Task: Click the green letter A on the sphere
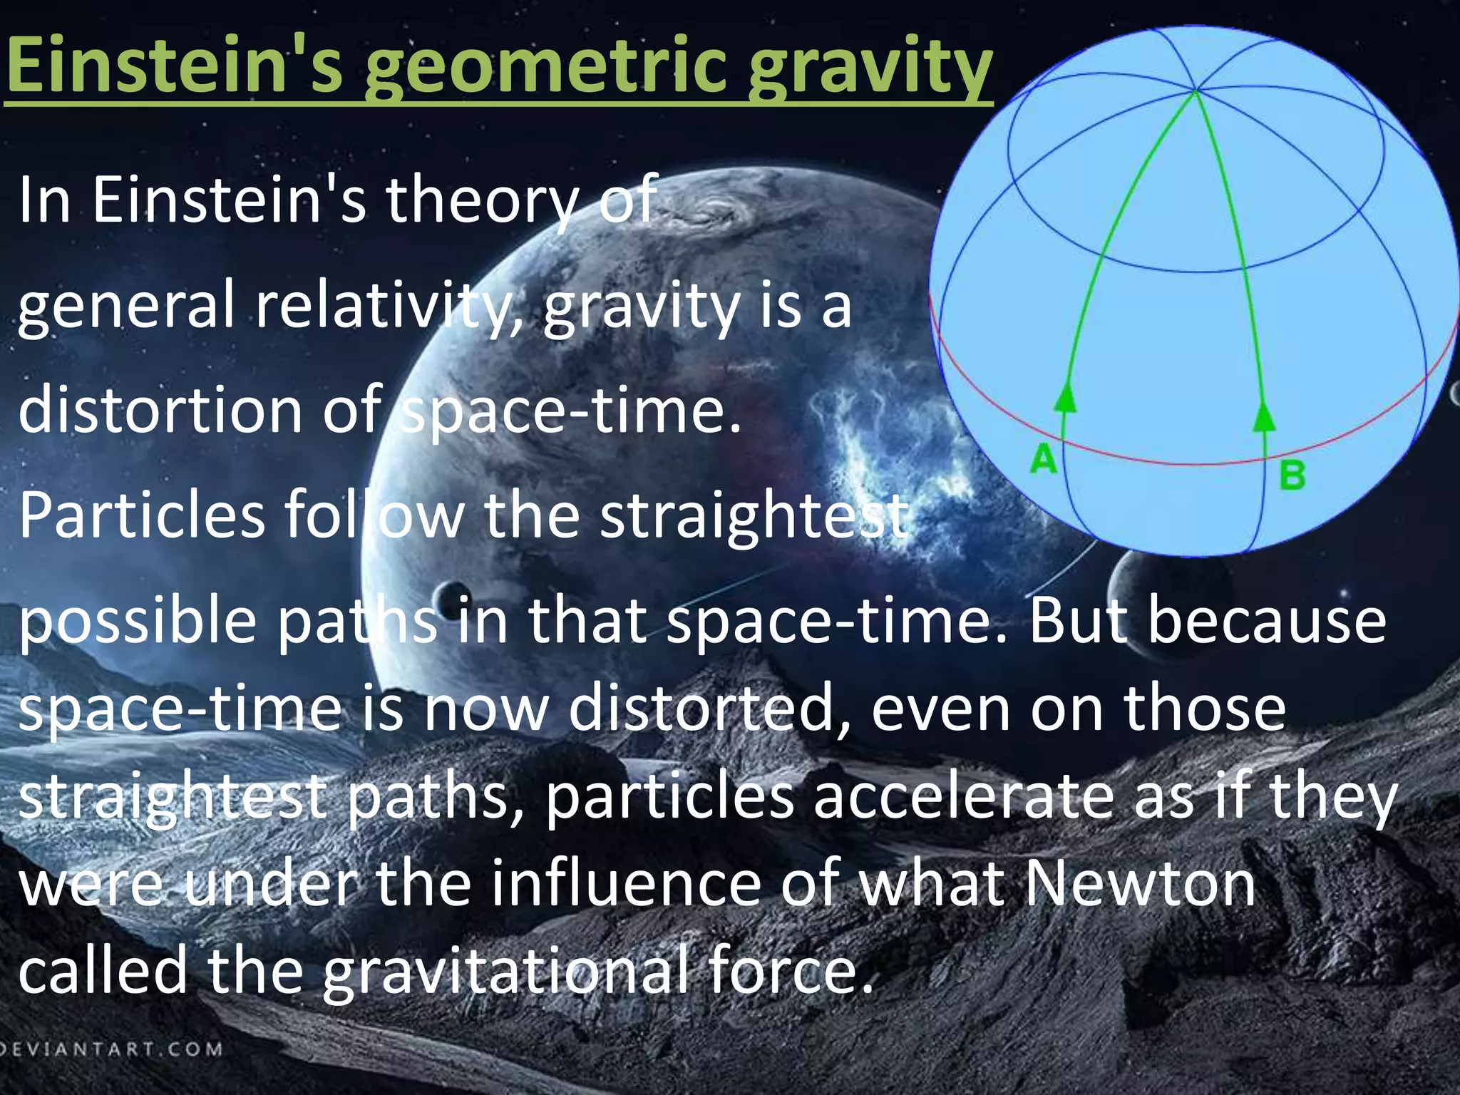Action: pyautogui.click(x=1043, y=458)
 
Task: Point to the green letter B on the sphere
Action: pyautogui.click(x=1292, y=475)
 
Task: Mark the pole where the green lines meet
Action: pyautogui.click(x=1196, y=91)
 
